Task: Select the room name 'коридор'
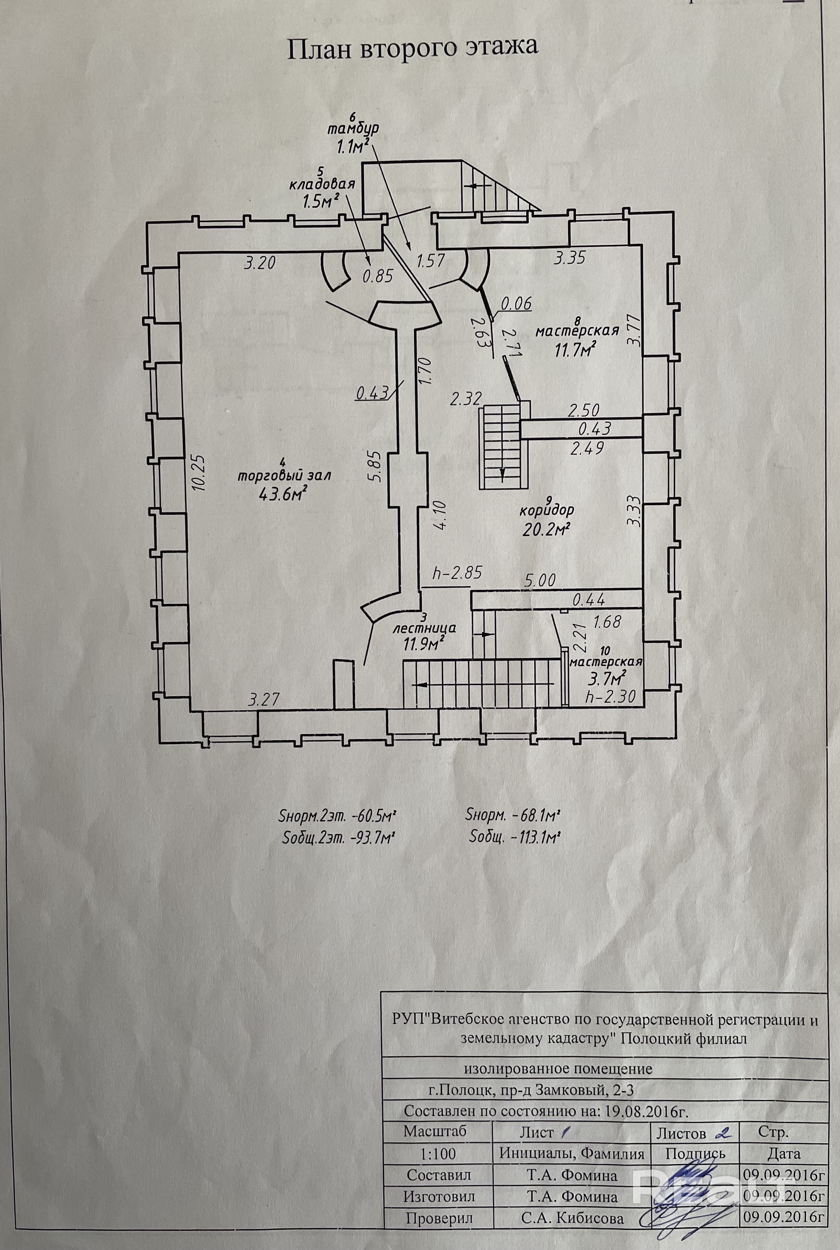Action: pos(546,509)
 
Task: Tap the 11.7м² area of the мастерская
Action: pos(575,351)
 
